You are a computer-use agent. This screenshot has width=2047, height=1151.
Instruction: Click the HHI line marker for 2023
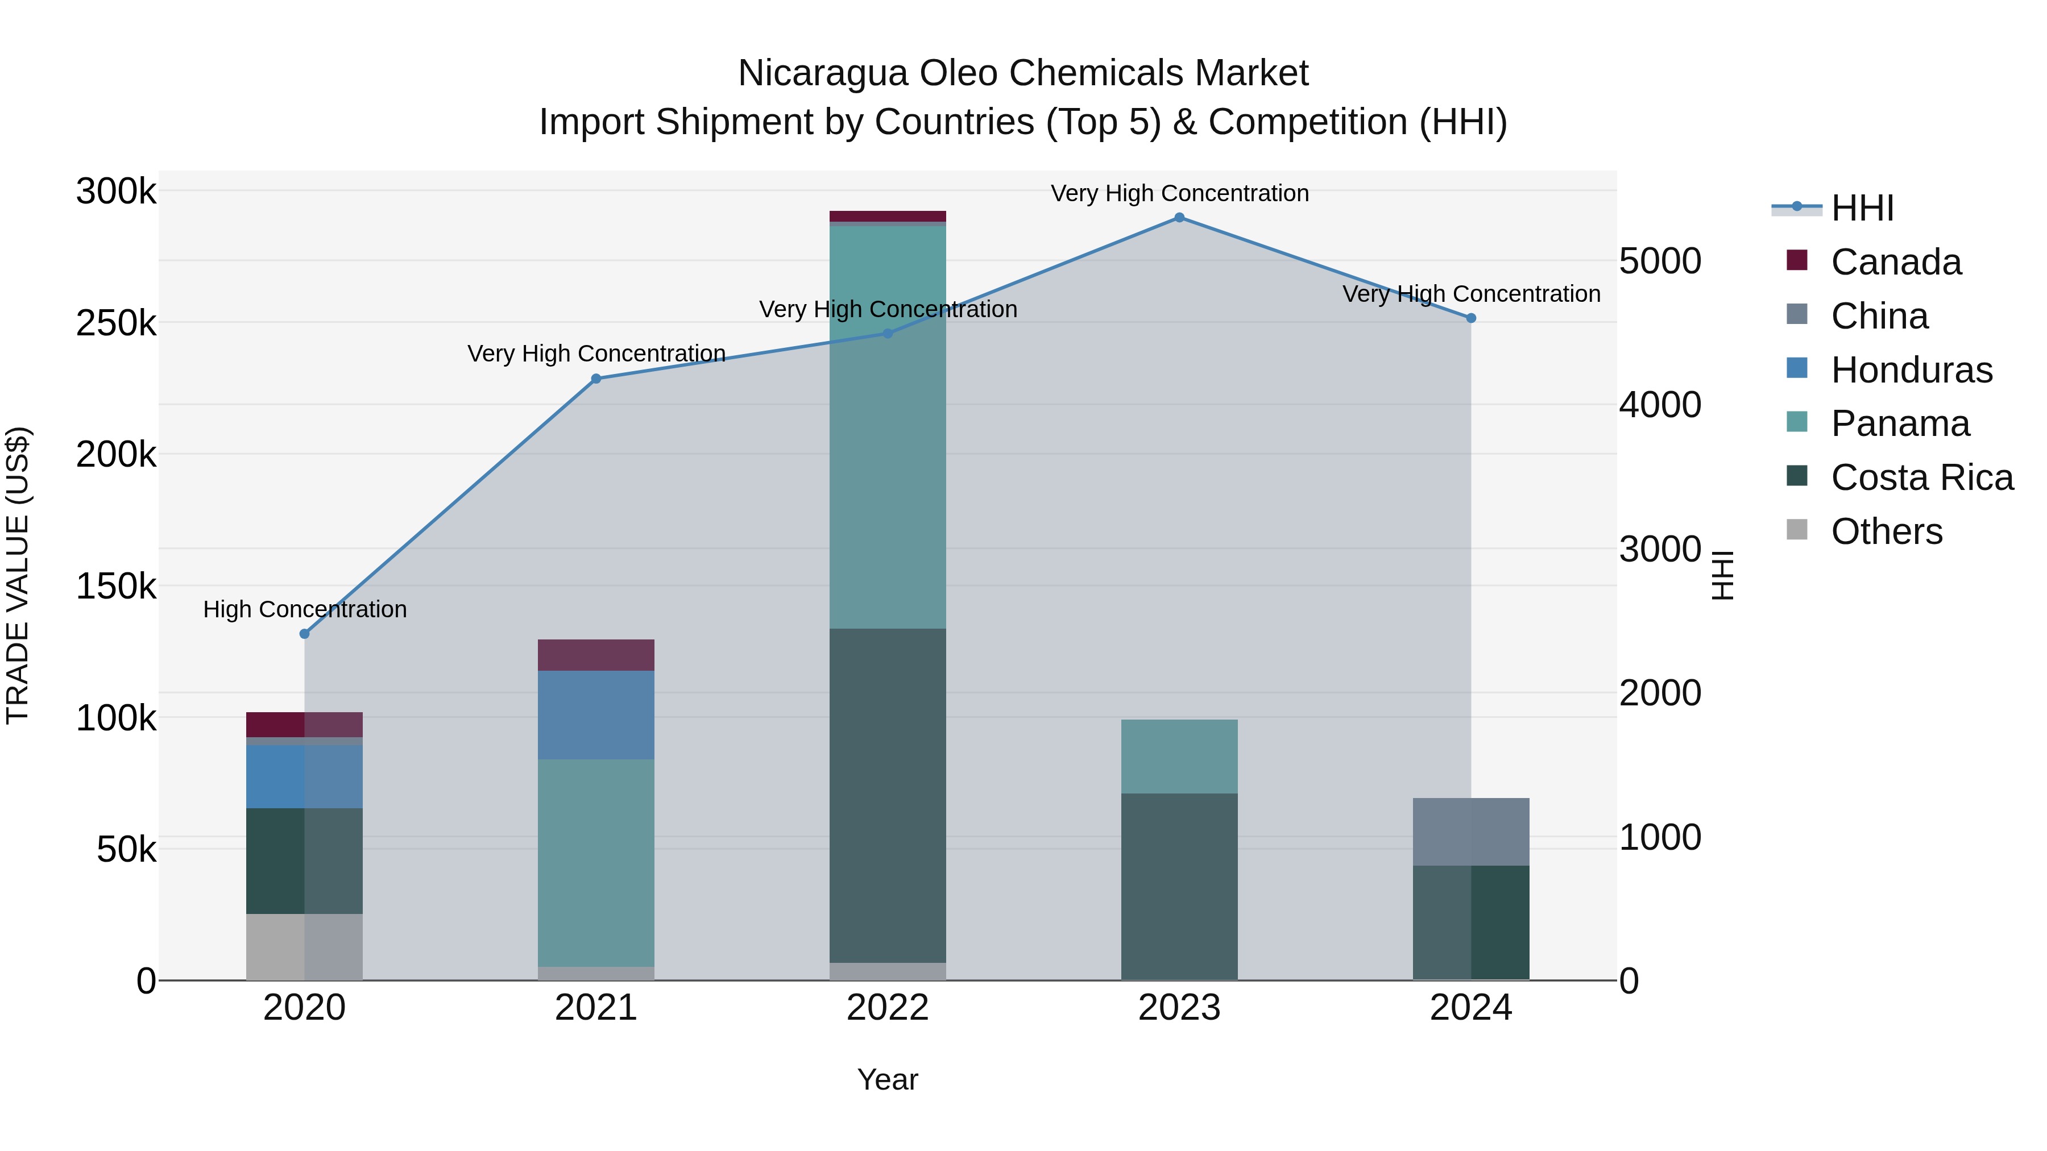click(x=1179, y=218)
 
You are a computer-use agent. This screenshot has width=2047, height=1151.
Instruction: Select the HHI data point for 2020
click(x=304, y=634)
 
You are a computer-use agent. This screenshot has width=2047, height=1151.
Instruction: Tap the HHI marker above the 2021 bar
click(x=596, y=379)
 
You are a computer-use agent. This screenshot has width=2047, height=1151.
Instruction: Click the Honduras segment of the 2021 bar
click(x=596, y=715)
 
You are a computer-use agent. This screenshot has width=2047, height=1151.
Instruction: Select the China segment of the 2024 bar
click(x=1471, y=832)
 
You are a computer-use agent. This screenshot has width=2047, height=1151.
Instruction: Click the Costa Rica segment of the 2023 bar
click(x=1179, y=886)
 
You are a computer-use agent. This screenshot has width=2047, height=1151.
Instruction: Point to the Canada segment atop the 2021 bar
click(x=596, y=655)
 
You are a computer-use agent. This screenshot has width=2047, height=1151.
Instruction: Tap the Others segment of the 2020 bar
click(x=304, y=947)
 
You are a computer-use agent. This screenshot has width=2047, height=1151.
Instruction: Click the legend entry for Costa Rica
click(x=1921, y=477)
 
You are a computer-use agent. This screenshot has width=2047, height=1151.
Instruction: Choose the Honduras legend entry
click(x=1911, y=370)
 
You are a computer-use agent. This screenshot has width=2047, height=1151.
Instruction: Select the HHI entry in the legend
click(x=1862, y=208)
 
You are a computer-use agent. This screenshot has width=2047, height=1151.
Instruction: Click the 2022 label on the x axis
click(x=888, y=1008)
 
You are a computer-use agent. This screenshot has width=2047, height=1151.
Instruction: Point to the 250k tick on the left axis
click(x=117, y=323)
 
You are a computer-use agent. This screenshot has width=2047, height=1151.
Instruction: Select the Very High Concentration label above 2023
click(x=1179, y=193)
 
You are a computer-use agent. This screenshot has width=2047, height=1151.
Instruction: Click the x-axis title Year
click(x=888, y=1079)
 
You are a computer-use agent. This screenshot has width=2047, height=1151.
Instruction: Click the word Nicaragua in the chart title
click(x=822, y=73)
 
